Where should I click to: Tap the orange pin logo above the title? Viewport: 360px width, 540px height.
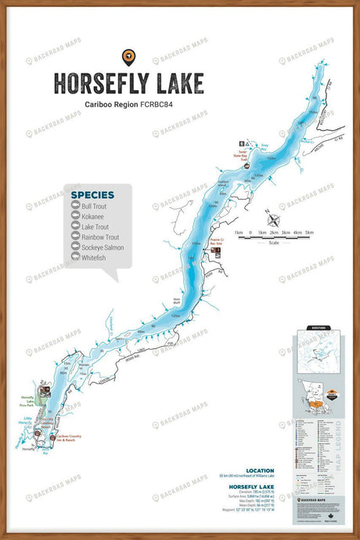coord(128,57)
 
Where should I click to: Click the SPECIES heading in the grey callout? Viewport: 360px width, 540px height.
coord(92,195)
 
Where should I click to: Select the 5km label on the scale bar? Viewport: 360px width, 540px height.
coord(308,232)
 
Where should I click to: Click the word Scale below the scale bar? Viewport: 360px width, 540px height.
coord(272,242)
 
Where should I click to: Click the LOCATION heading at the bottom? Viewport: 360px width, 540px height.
coord(260,470)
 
